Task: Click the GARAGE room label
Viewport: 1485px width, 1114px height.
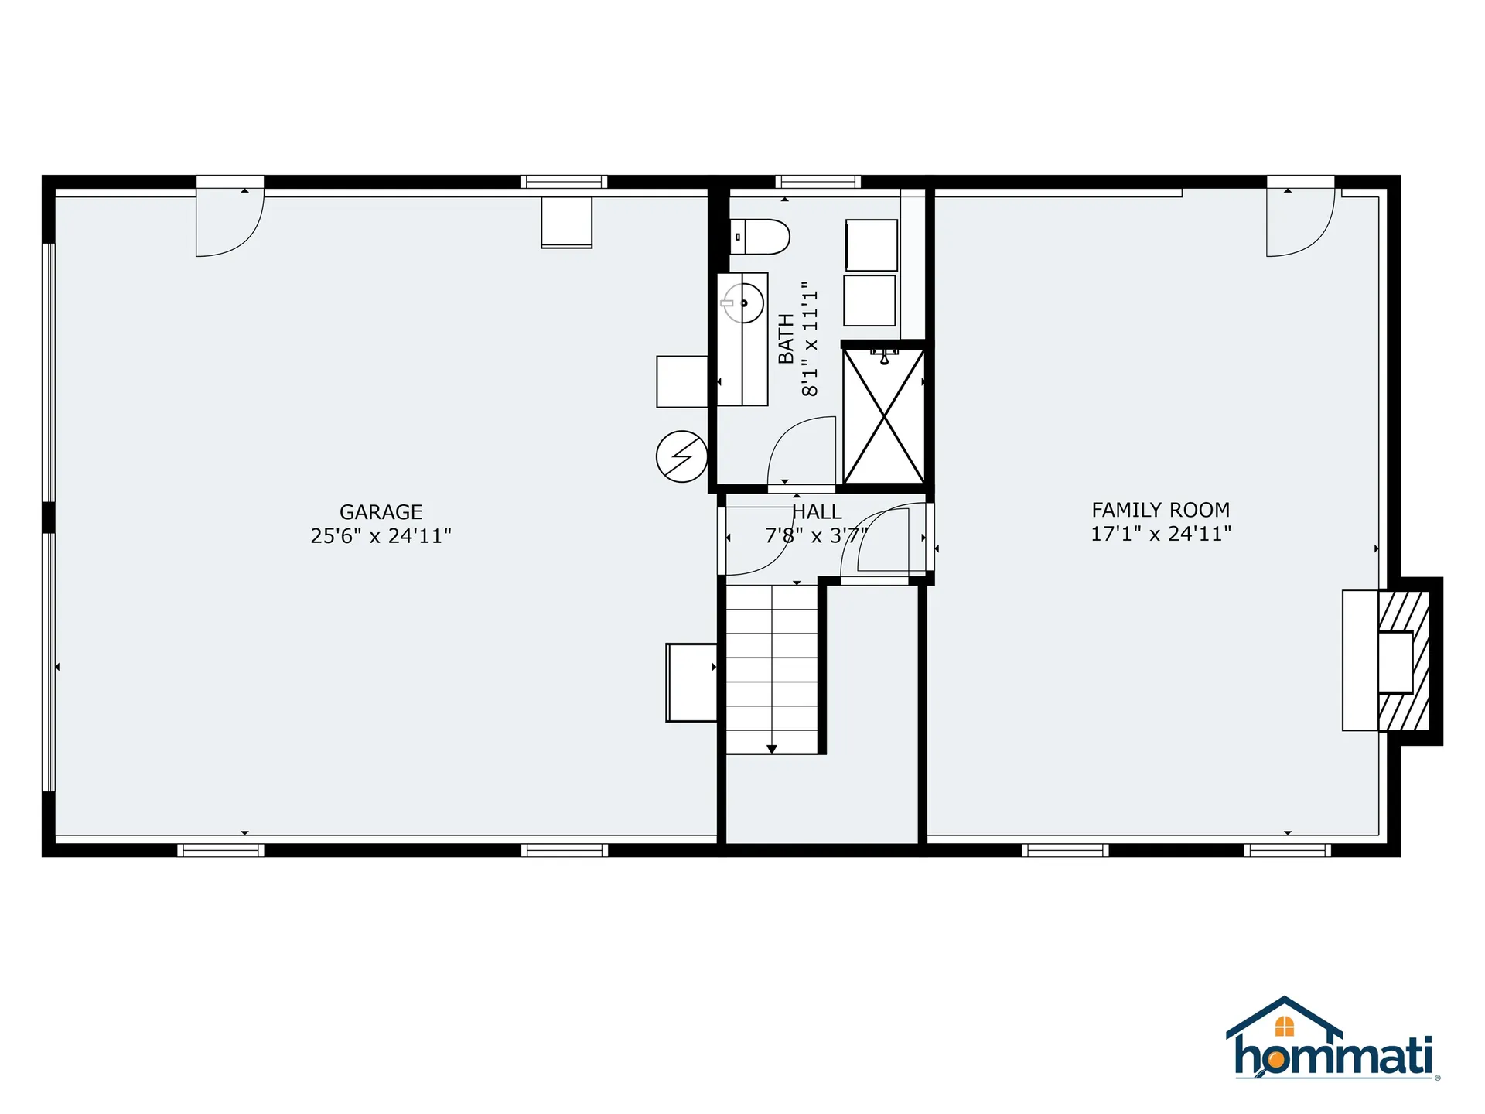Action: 381,512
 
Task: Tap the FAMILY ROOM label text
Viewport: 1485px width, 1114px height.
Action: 1160,510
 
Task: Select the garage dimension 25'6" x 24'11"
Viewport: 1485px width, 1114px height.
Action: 381,536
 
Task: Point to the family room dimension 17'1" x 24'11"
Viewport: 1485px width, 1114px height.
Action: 1160,534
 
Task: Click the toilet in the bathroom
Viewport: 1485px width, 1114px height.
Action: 761,237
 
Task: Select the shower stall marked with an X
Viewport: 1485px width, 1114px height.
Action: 883,416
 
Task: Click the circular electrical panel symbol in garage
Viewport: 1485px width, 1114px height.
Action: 681,456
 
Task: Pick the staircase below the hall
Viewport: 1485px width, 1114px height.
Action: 771,669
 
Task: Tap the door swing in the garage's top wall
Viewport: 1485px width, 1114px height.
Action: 229,221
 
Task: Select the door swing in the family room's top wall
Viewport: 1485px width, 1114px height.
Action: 1299,221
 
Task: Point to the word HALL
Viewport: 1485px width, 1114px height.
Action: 817,512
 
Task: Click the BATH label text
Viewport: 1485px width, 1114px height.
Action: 786,339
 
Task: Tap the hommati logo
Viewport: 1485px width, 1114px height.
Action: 1332,1040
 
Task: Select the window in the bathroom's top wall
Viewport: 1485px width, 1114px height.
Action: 818,183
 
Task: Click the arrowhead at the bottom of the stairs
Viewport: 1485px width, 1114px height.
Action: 771,749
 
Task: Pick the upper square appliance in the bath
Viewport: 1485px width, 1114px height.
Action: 871,245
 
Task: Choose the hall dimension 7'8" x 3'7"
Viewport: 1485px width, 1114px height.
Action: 816,535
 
